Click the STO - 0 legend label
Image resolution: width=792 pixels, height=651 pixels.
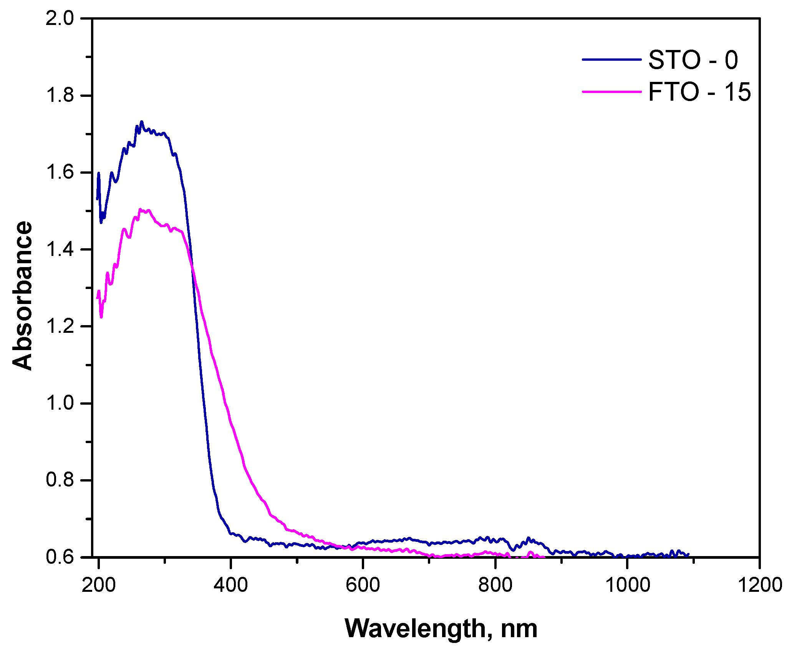coord(693,60)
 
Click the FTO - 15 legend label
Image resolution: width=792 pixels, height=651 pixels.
coord(699,92)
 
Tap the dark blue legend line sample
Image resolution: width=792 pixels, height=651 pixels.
coord(612,60)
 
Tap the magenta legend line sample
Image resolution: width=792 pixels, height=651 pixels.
coord(612,91)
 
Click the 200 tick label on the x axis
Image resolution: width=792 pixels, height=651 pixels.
coord(99,585)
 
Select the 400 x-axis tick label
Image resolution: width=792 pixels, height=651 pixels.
coord(230,585)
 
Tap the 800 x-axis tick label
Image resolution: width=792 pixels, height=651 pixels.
coord(495,585)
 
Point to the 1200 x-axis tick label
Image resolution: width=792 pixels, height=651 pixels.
coord(759,585)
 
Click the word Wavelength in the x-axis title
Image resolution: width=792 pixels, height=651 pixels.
coord(416,628)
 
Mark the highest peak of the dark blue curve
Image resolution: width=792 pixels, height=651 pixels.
coord(141,121)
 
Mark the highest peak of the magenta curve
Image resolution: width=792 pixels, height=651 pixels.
coord(140,209)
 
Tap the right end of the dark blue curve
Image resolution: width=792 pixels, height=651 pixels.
coord(688,554)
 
